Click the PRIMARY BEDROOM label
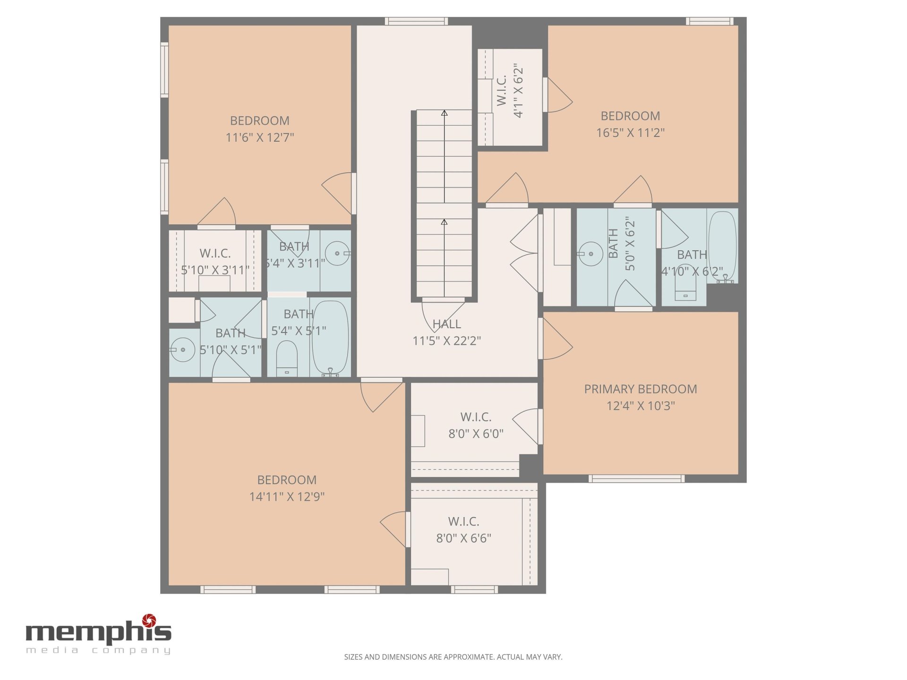click(641, 389)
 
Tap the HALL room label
click(446, 324)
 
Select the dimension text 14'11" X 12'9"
click(287, 496)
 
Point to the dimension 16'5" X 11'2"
click(630, 133)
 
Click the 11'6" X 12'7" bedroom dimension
click(259, 137)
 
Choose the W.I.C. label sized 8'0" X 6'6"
click(463, 521)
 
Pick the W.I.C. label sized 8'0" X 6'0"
click(476, 417)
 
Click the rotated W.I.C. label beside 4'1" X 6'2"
click(502, 90)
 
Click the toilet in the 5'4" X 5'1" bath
click(287, 359)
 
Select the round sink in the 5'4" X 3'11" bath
click(337, 254)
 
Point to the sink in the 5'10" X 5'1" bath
click(182, 350)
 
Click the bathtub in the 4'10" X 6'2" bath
click(722, 247)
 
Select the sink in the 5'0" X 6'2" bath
click(590, 254)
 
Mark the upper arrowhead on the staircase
click(444, 113)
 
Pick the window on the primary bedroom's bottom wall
click(636, 479)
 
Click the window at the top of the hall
click(416, 21)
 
